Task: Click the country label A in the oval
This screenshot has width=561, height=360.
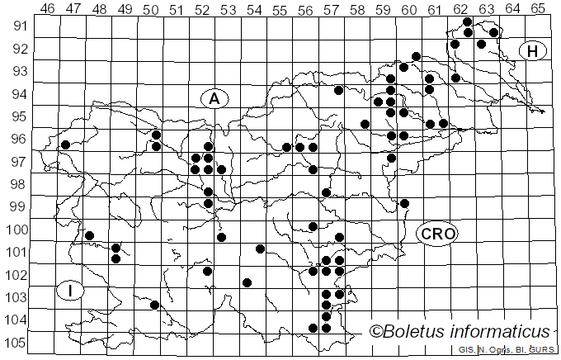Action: coord(214,98)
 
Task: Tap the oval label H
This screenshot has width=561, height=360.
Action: coord(532,51)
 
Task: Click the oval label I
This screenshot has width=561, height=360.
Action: coord(71,291)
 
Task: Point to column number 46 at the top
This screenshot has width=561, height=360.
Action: coord(48,8)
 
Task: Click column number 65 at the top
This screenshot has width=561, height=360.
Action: coord(537,8)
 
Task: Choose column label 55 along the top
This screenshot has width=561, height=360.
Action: coord(280,8)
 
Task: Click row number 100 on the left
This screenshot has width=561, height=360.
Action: coord(16,230)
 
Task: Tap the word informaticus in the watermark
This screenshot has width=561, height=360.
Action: coord(505,331)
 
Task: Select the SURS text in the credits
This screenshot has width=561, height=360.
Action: coord(542,350)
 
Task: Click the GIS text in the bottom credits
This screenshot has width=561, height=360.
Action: coord(466,350)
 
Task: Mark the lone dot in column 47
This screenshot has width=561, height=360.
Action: coord(65,144)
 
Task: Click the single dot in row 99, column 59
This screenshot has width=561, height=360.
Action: coord(404,203)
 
